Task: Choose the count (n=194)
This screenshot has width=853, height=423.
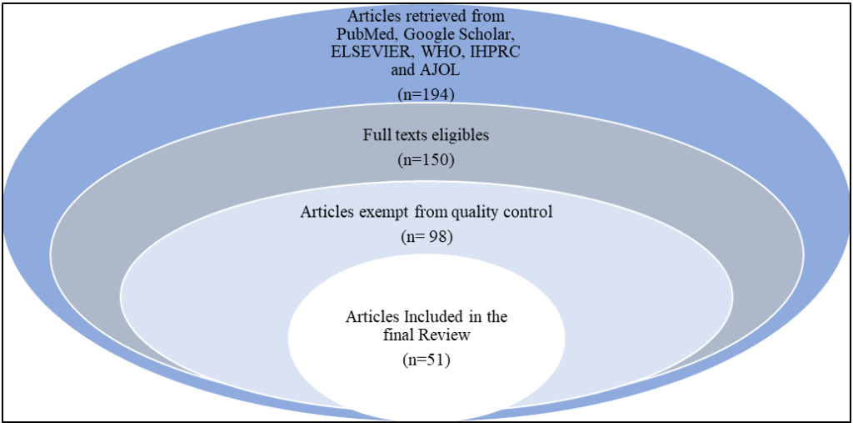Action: pyautogui.click(x=426, y=94)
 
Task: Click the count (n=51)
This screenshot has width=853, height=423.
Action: pyautogui.click(x=426, y=361)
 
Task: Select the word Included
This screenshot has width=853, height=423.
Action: pyautogui.click(x=432, y=318)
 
